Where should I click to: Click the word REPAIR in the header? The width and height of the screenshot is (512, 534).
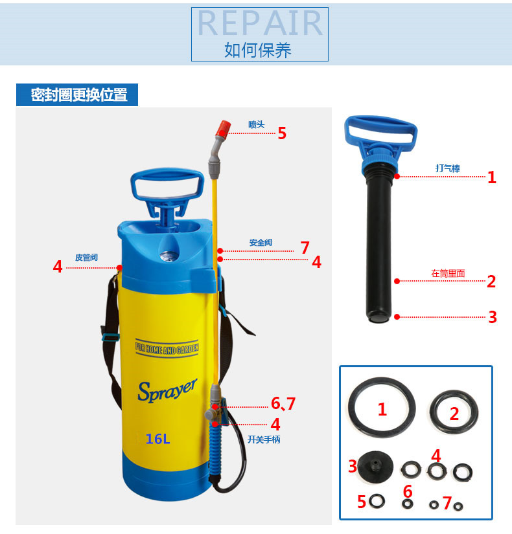[x=260, y=23]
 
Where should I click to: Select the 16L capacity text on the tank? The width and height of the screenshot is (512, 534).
[x=157, y=439]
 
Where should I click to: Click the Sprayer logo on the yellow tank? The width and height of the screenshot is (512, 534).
[x=167, y=390]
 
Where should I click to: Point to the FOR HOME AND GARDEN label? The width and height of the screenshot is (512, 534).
[x=167, y=348]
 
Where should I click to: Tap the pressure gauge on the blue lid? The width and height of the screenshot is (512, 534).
[x=169, y=256]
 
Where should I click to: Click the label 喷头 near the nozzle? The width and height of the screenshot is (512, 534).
[x=256, y=125]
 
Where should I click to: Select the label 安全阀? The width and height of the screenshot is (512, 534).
[x=261, y=243]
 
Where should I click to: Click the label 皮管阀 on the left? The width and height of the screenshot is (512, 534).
[x=86, y=257]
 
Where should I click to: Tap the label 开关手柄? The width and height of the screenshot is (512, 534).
[x=264, y=439]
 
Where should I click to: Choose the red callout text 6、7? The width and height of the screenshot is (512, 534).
[x=283, y=403]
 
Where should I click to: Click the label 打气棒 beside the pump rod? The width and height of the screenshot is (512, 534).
[x=448, y=168]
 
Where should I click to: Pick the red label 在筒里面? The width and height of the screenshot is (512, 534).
[x=448, y=273]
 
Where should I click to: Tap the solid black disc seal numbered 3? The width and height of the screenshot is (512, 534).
[x=375, y=467]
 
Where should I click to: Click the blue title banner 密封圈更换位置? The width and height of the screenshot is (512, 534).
[x=77, y=95]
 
